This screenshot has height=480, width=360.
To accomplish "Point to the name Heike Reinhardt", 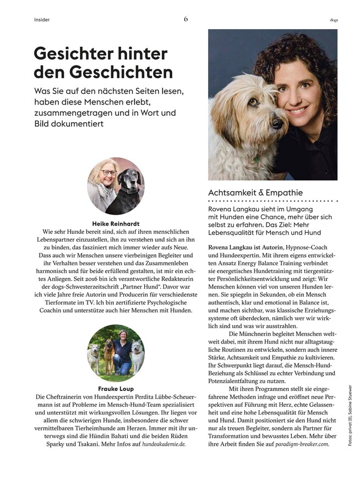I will (x=116, y=224).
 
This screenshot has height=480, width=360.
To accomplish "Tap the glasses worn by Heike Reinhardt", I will (x=108, y=172).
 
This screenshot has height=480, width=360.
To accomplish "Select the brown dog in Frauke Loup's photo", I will (x=107, y=355).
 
